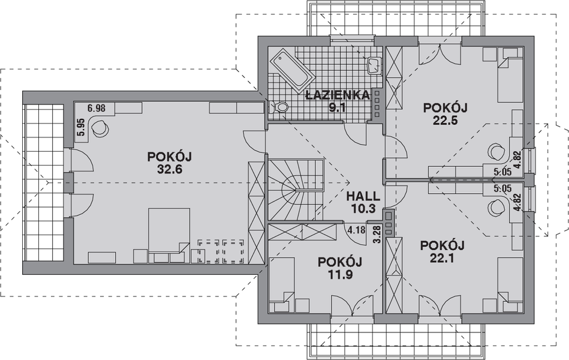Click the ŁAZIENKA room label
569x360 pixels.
332,95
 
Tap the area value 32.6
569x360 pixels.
168,169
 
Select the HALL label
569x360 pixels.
363,196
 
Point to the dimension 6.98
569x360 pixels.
96,108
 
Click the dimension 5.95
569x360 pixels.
80,128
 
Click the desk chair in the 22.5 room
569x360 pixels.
495,151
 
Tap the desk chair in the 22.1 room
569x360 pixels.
495,207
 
